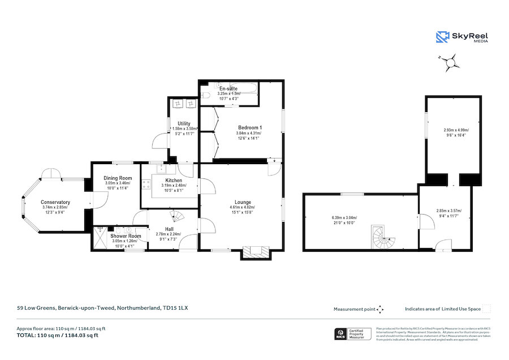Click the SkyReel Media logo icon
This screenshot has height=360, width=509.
pyautogui.click(x=442, y=37)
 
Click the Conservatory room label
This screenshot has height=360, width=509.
pyautogui.click(x=55, y=202)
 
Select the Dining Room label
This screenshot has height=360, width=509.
pyautogui.click(x=118, y=178)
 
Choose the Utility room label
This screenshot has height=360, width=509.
pyautogui.click(x=184, y=123)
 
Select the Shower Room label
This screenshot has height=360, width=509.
pyautogui.click(x=126, y=235)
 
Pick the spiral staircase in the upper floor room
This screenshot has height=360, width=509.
pyautogui.click(x=383, y=237)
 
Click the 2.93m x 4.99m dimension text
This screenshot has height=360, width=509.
pyautogui.click(x=456, y=130)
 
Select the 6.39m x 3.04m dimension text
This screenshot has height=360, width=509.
pyautogui.click(x=344, y=218)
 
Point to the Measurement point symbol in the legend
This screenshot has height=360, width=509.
pyautogui.click(x=380, y=309)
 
